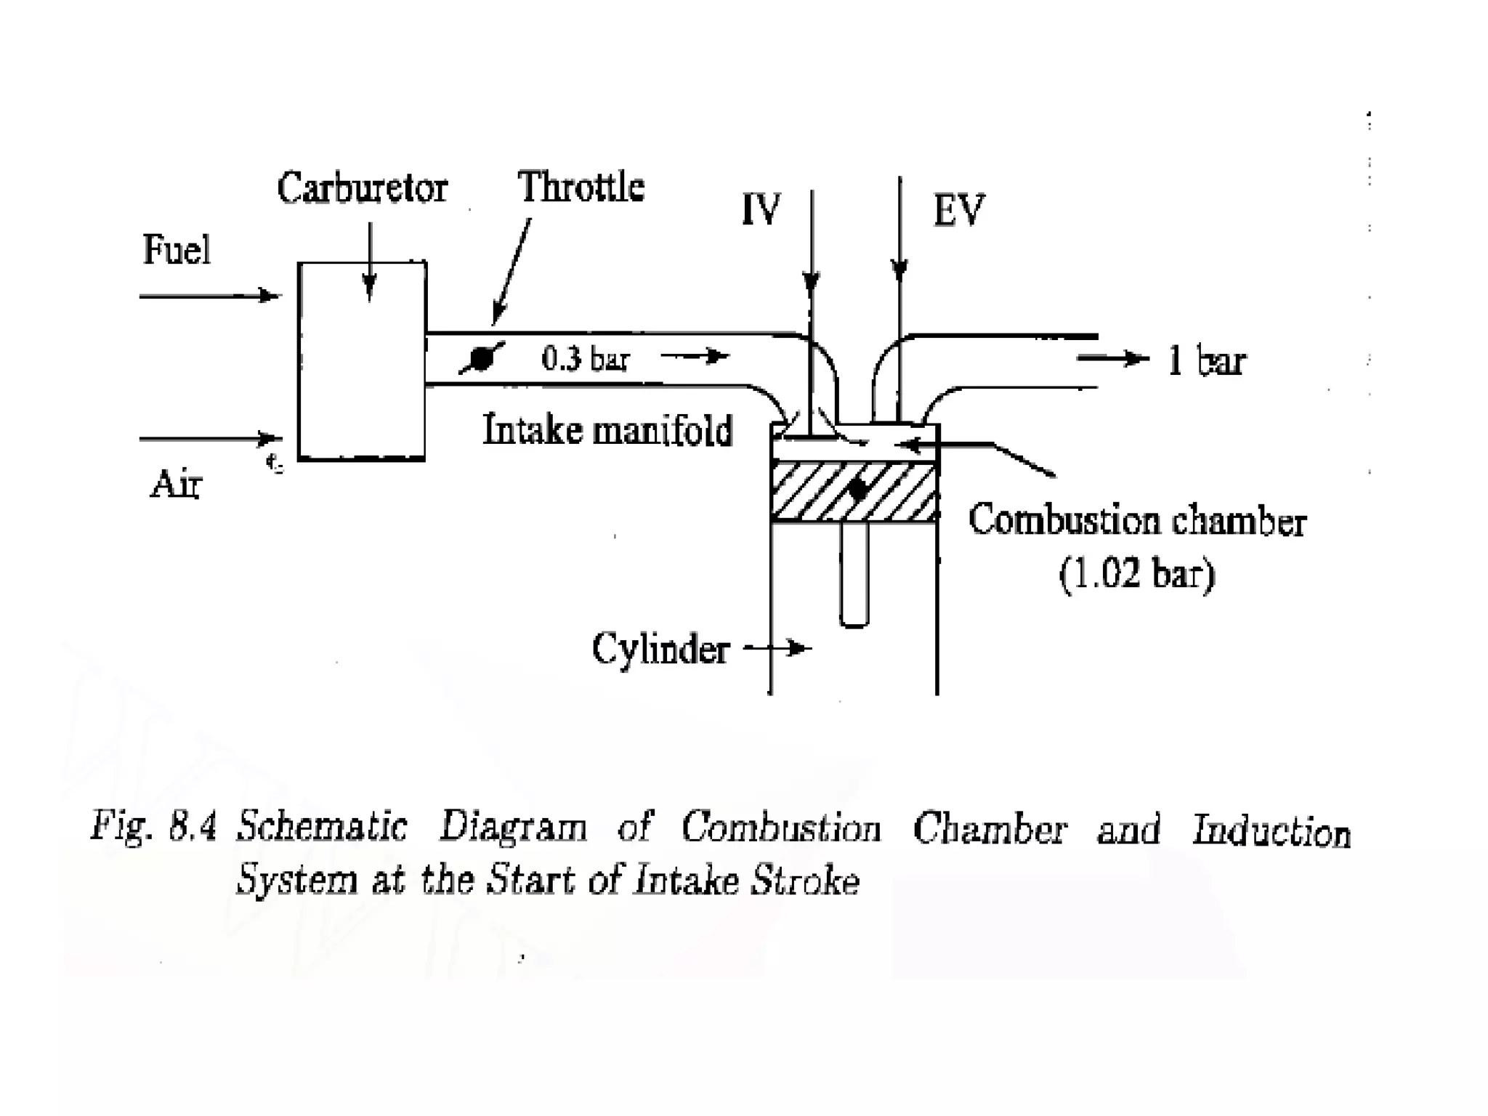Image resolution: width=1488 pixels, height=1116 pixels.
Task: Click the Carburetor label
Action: click(362, 189)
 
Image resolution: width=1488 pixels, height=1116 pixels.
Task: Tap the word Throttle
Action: click(581, 187)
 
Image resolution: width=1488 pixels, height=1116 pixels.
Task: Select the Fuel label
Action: click(177, 250)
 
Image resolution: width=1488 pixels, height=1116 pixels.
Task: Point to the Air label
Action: click(175, 484)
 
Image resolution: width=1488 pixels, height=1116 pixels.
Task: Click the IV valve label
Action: click(761, 210)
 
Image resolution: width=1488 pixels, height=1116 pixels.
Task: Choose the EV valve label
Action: click(958, 211)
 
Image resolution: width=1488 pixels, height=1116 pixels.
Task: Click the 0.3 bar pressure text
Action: click(585, 359)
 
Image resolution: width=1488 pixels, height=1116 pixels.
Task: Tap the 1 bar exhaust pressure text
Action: click(1206, 361)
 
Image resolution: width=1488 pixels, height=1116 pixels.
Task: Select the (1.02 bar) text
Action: click(1136, 575)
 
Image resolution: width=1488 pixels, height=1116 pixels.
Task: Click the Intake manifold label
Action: click(607, 429)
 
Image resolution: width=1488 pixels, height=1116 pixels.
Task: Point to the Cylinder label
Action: click(660, 649)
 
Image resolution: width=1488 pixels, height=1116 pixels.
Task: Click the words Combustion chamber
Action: click(1137, 522)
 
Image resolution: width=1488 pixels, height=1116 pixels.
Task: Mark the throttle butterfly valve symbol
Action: click(481, 358)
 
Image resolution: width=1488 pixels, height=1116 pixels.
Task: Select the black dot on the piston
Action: click(858, 489)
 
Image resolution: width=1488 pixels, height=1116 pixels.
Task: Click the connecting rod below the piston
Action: click(854, 574)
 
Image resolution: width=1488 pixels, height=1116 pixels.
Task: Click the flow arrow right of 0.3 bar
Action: click(695, 356)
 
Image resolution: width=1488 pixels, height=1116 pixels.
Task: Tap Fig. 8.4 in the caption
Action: click(153, 828)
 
